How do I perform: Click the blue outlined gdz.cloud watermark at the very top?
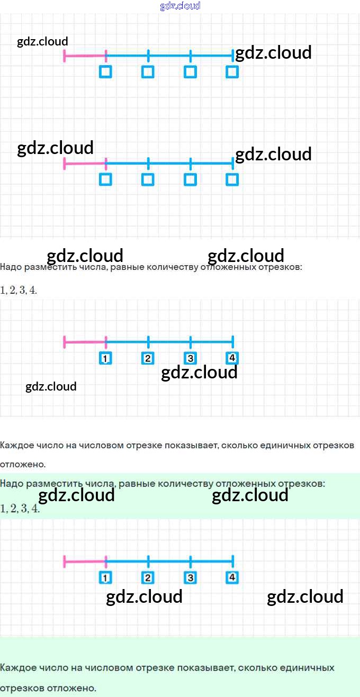[180, 6]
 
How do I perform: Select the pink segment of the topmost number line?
[85, 56]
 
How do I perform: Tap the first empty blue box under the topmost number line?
[105, 72]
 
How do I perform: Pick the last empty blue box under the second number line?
[232, 179]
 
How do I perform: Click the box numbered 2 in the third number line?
[148, 358]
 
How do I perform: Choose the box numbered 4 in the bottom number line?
[232, 577]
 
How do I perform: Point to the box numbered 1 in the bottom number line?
[105, 578]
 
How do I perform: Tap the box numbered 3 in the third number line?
[190, 358]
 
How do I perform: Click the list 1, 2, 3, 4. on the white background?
[19, 291]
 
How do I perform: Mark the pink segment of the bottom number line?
[85, 562]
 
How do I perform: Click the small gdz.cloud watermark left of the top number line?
[42, 41]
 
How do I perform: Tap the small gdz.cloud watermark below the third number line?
[51, 386]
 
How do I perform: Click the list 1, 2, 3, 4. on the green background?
[20, 509]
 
